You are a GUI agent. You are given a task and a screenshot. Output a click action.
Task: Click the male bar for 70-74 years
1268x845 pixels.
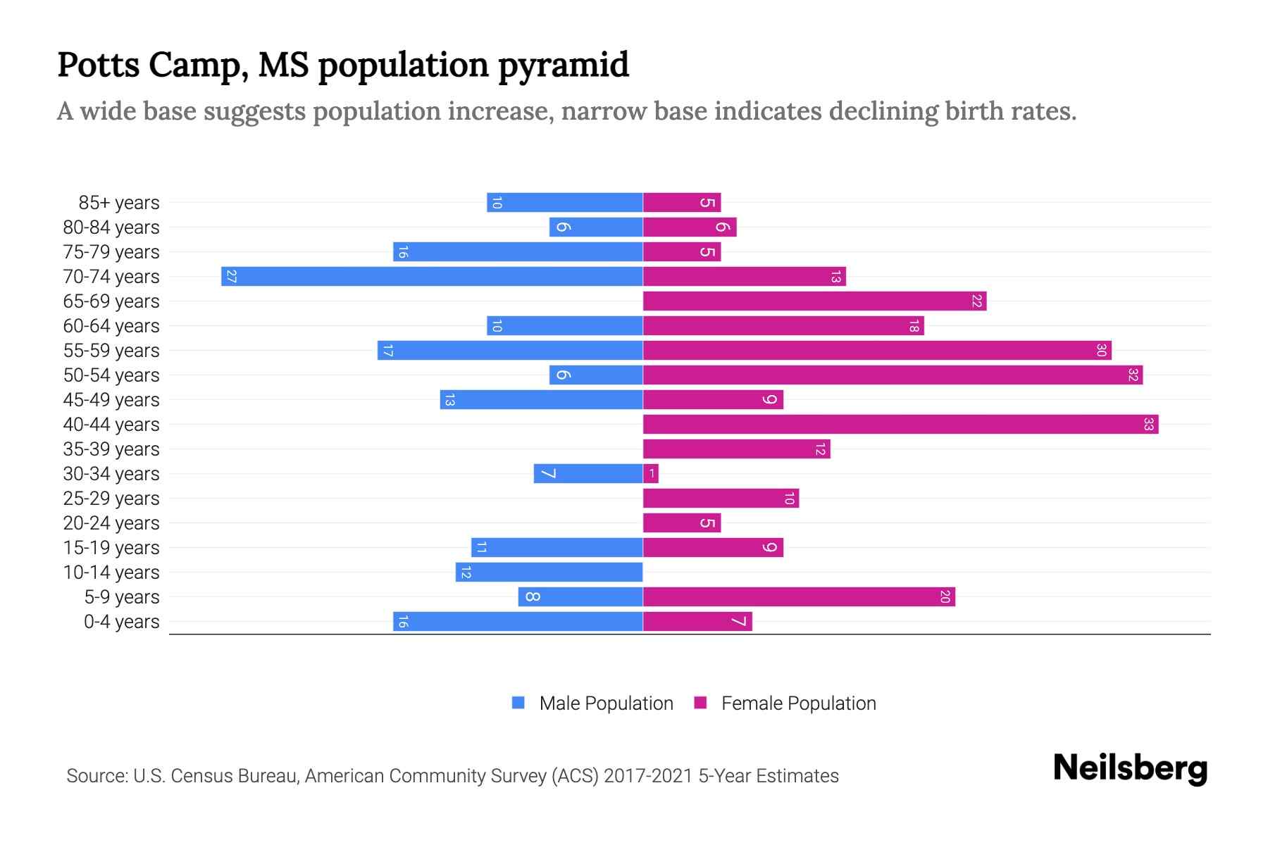(x=432, y=277)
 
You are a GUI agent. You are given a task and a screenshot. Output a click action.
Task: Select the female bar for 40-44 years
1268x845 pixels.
(x=900, y=425)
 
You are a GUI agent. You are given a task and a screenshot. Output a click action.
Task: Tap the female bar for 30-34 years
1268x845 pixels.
(x=650, y=474)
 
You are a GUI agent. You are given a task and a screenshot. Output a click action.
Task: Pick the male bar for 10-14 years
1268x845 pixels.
(x=549, y=572)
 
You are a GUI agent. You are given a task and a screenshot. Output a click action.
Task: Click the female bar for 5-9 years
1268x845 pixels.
(x=799, y=597)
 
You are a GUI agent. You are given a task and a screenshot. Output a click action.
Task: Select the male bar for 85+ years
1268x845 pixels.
(x=564, y=203)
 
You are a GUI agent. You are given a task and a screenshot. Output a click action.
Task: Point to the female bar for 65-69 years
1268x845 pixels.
(x=814, y=301)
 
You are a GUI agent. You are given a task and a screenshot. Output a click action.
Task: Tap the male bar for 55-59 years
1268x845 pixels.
(x=510, y=351)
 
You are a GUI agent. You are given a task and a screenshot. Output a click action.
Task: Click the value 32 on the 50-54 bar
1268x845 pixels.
(x=1133, y=375)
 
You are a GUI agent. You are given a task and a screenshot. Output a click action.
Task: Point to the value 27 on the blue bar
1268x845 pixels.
(x=231, y=277)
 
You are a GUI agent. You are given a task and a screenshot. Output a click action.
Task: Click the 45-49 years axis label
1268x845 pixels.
(x=111, y=400)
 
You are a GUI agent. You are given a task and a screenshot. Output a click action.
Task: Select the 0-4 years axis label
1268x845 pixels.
(x=121, y=622)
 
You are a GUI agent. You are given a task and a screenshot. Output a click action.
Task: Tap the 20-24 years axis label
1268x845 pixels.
(x=111, y=523)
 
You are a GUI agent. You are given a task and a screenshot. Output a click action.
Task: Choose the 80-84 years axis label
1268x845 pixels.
(x=111, y=227)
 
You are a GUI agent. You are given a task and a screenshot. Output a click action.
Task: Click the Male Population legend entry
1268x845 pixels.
(x=606, y=703)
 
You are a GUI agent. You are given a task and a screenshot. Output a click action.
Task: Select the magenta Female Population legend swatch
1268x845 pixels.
(x=700, y=703)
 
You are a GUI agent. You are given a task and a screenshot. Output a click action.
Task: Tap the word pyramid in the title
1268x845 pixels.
(x=563, y=65)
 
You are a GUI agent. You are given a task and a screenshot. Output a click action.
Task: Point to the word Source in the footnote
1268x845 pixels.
(x=96, y=776)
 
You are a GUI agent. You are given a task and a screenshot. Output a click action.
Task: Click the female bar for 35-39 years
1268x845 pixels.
(x=736, y=449)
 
